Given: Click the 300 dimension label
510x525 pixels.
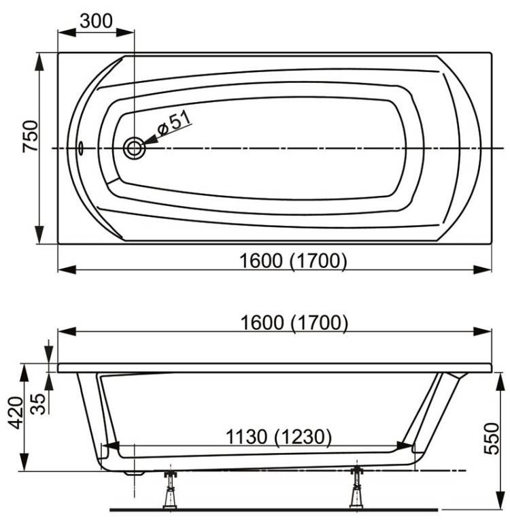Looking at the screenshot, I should [x=96, y=20].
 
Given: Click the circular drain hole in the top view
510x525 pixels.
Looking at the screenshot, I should [x=134, y=148].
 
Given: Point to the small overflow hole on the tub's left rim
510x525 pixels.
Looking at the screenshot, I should [x=81, y=147].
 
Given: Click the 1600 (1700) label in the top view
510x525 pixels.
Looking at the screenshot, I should [x=294, y=260].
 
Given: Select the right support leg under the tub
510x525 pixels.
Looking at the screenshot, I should [x=356, y=488].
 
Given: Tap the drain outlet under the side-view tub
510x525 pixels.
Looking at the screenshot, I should [x=135, y=472].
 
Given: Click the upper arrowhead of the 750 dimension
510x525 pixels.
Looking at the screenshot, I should [x=40, y=61].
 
